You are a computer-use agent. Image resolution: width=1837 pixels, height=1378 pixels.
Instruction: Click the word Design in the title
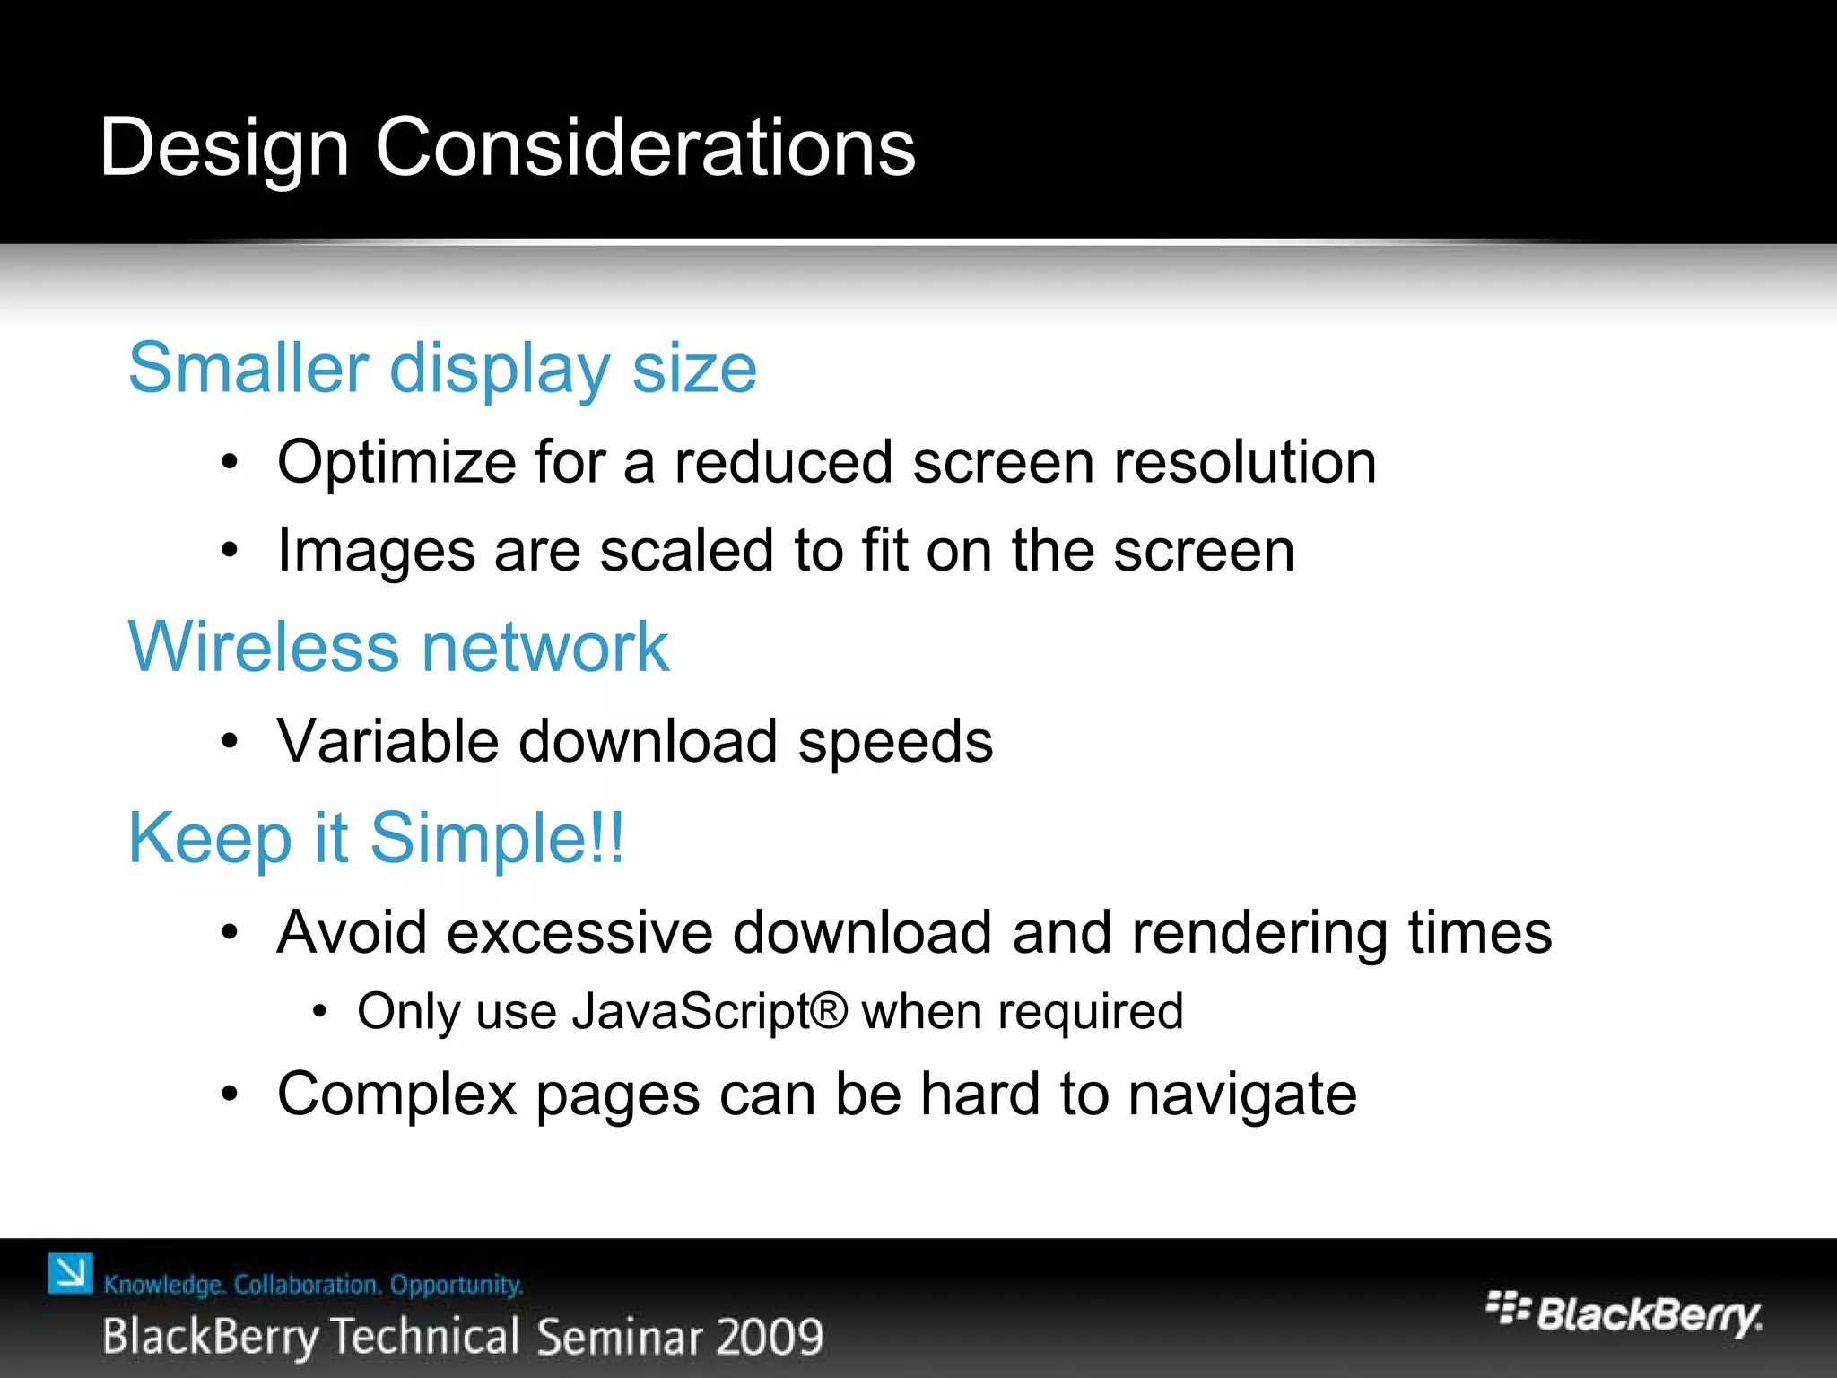(x=223, y=148)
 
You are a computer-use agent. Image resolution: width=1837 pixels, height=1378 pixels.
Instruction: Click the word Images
(x=376, y=551)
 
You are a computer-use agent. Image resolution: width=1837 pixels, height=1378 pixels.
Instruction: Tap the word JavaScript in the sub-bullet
(x=692, y=1012)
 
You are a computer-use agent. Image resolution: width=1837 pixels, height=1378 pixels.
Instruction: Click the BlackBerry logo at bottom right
(x=1624, y=1314)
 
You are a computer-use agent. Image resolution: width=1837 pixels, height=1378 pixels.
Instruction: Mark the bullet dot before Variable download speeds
(x=231, y=742)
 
